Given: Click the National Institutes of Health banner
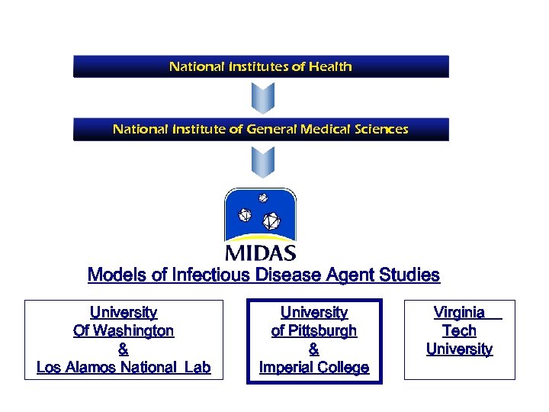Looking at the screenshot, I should point(261,66).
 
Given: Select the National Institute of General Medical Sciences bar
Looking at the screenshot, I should point(261,129).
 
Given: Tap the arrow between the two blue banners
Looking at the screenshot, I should point(262,98).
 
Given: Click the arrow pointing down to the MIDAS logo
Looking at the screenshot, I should point(262,162).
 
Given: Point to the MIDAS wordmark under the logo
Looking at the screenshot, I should point(261,253).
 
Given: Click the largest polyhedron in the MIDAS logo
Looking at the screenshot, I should point(271,222).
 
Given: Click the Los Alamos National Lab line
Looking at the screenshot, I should point(124,368).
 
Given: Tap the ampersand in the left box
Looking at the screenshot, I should point(124,349).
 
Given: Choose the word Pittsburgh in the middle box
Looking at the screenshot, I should point(323,331).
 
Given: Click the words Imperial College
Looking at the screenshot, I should point(314,368).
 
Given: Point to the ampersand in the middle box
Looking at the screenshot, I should point(314,349).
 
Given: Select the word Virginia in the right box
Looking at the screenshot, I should point(459,312).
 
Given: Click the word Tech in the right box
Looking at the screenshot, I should point(459,331).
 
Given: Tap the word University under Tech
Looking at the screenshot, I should point(459,349).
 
